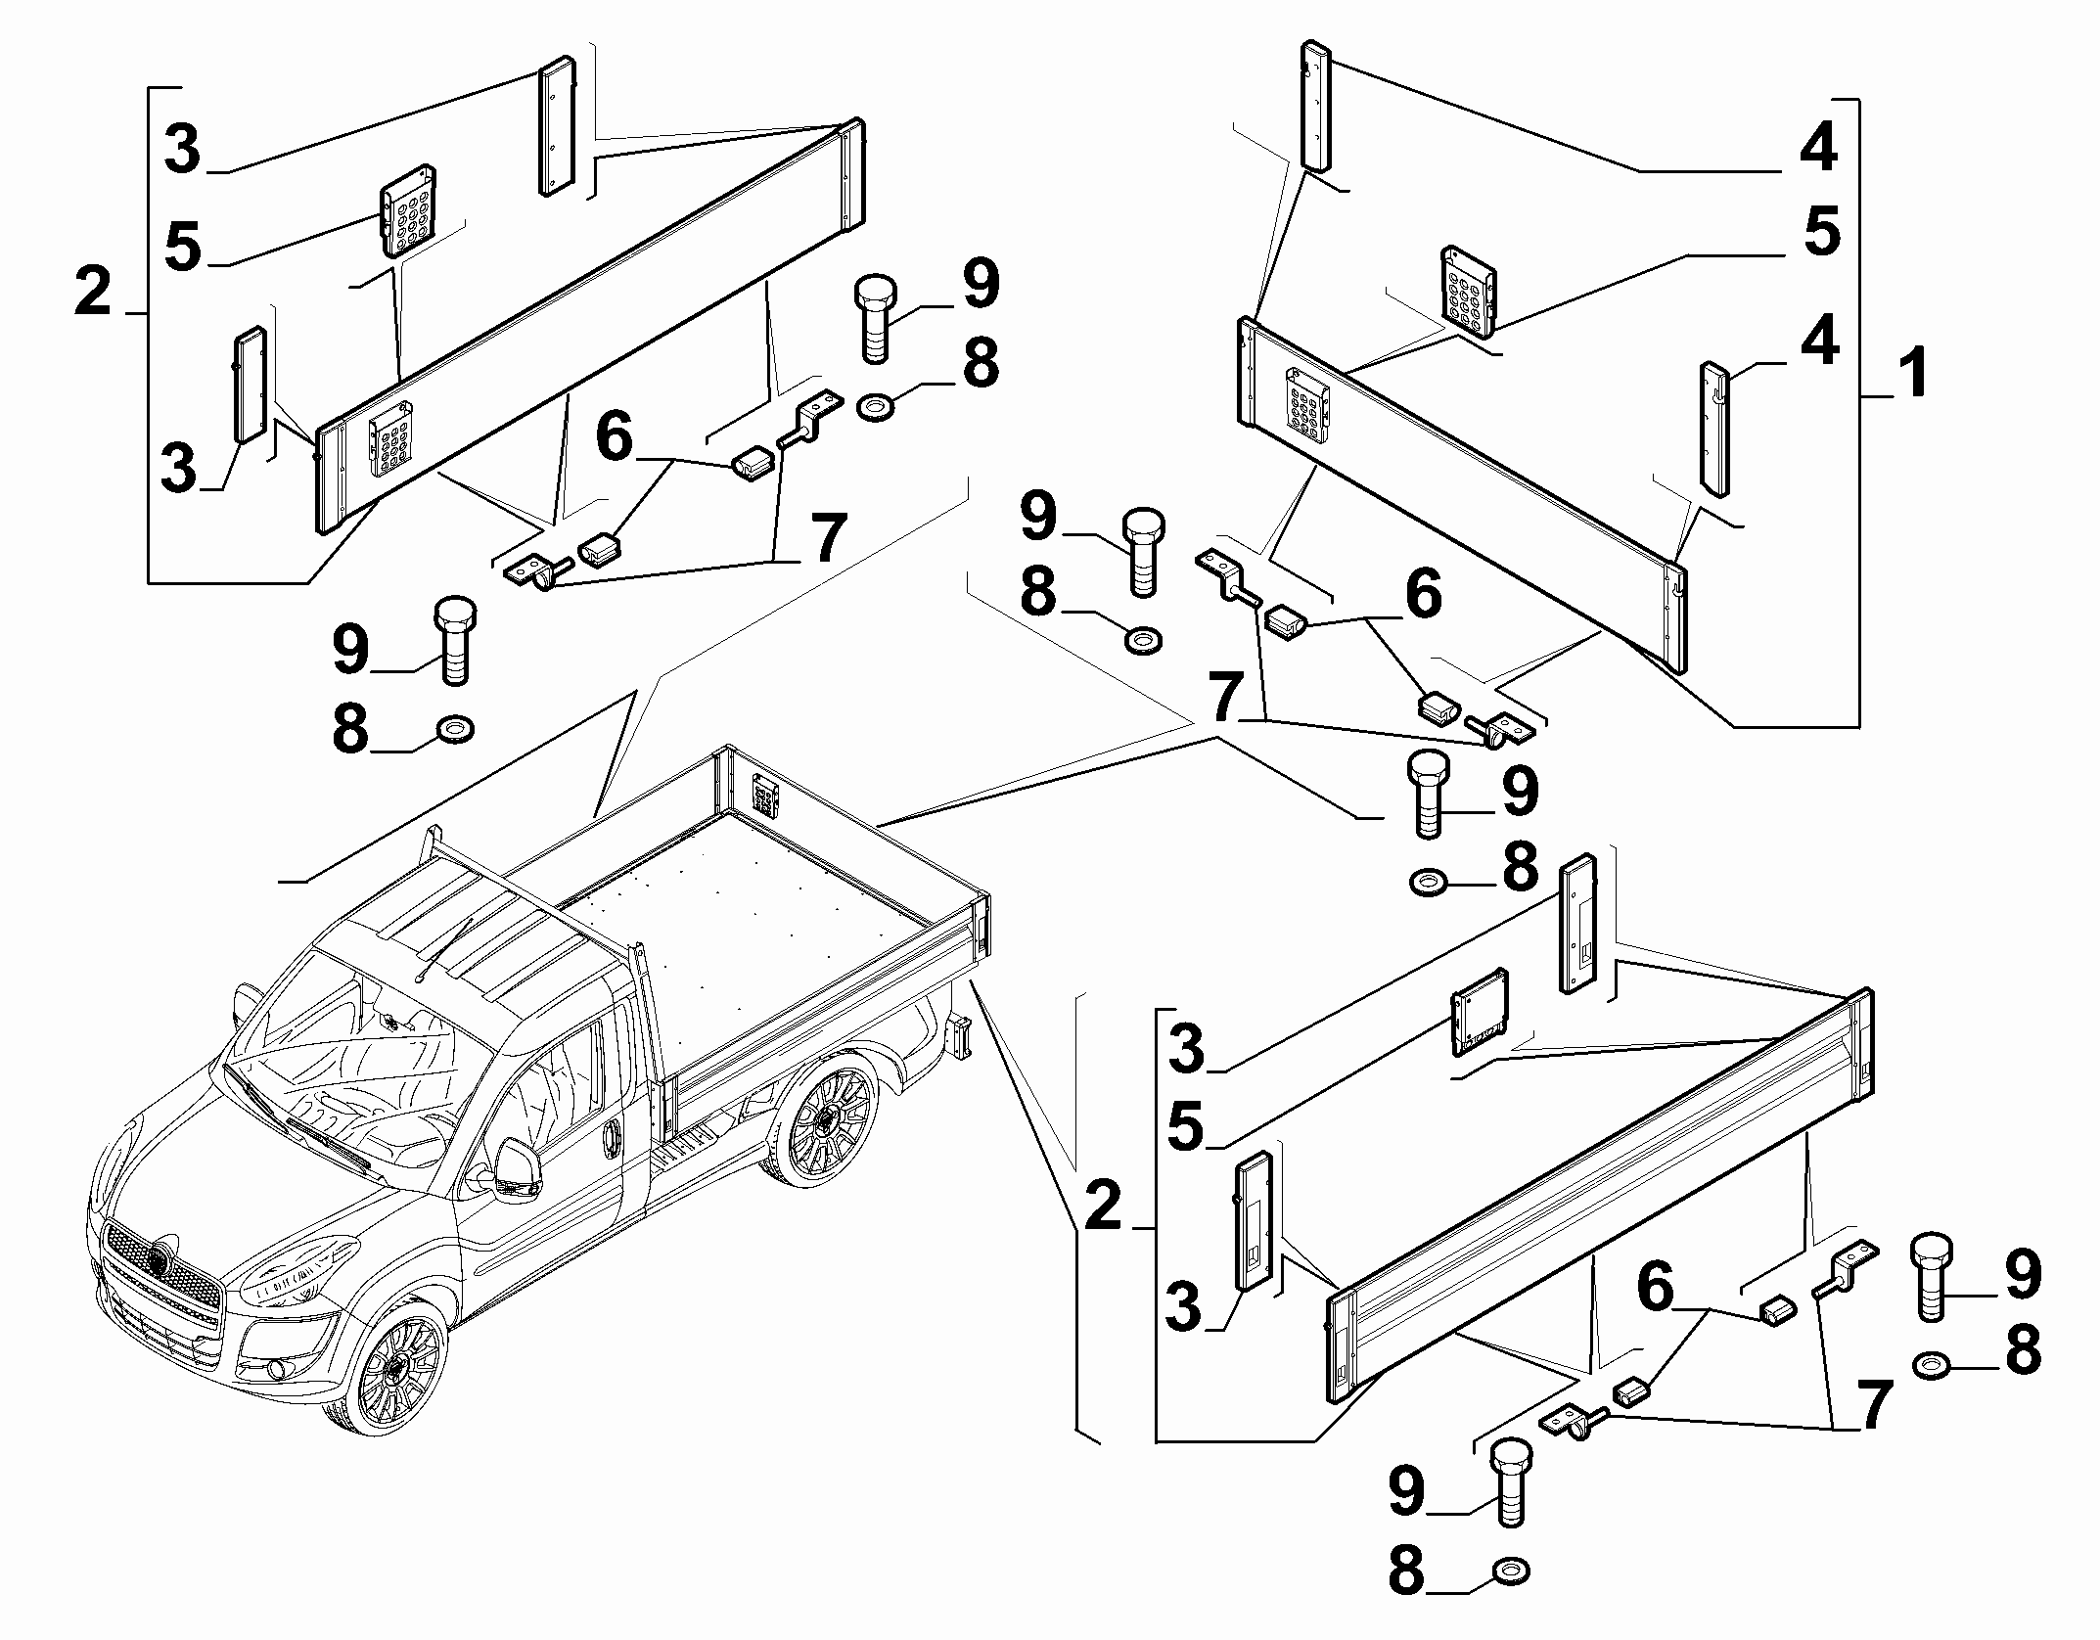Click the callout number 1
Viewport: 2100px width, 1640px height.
(1913, 375)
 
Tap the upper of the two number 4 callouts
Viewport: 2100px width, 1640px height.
(1818, 150)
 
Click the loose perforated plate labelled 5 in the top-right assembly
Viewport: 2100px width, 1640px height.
(1468, 289)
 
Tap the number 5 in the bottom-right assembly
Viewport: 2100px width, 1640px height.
(1187, 1126)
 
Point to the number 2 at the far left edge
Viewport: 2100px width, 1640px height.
(93, 293)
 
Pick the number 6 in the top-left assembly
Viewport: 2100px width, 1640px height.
(615, 437)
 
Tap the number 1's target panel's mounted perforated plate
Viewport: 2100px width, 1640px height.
(1308, 408)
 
